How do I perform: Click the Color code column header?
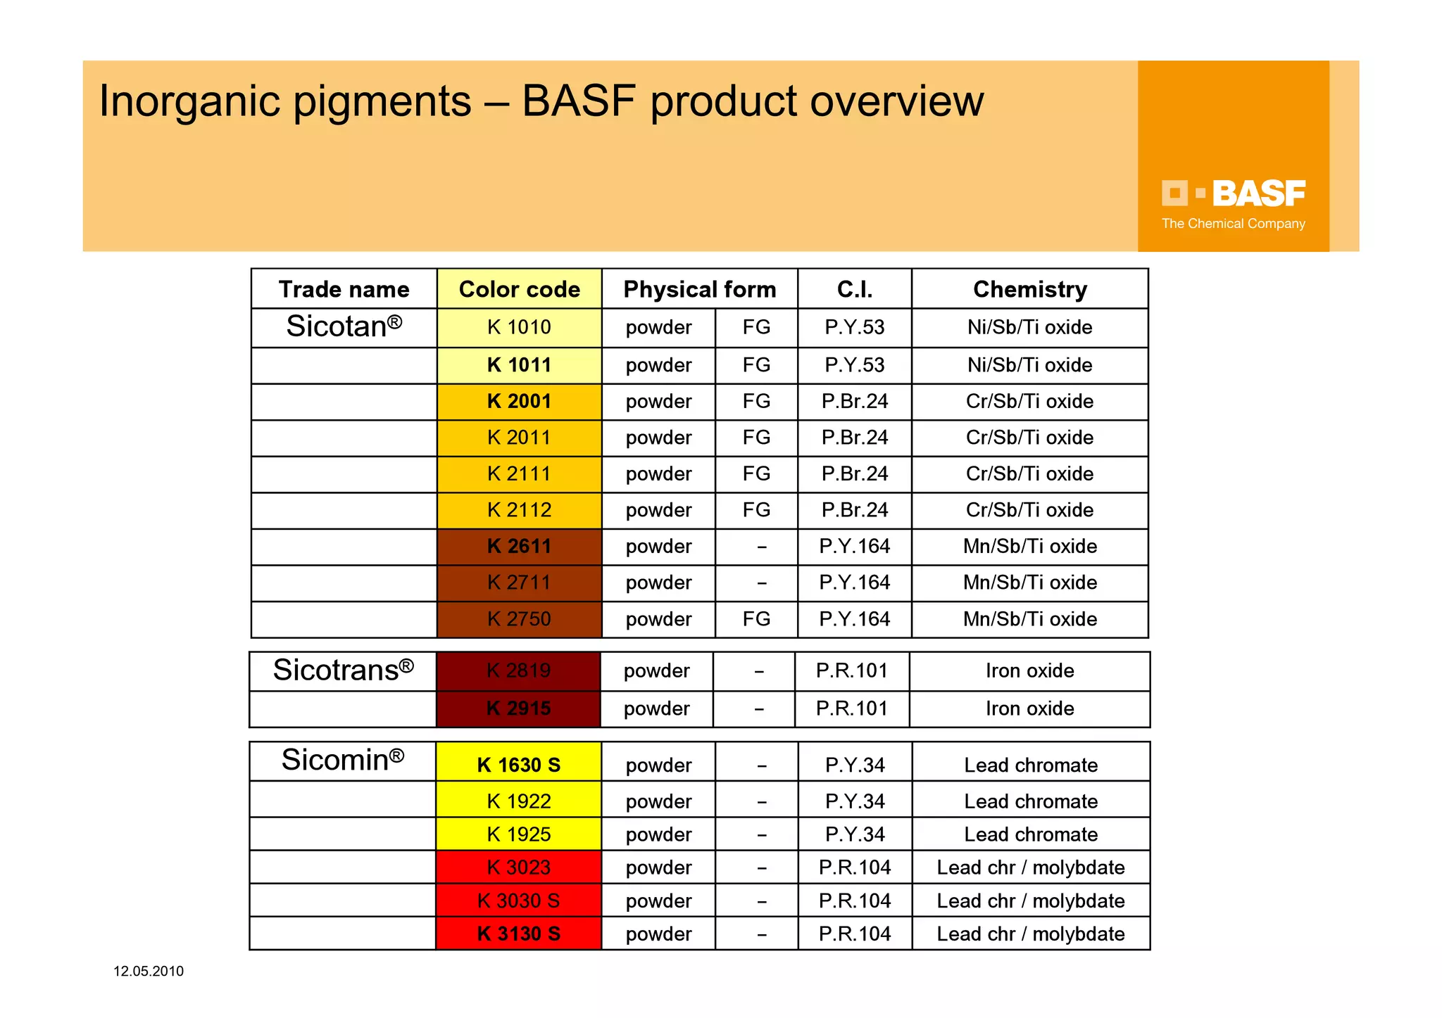click(519, 289)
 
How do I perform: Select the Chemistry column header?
click(1029, 289)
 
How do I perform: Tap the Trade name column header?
click(344, 289)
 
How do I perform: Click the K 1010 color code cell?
click(519, 327)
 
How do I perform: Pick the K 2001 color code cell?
click(519, 401)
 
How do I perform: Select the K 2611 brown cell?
click(519, 546)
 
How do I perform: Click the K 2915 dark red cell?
click(518, 708)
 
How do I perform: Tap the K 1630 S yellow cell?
click(519, 765)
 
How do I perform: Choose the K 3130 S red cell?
click(519, 934)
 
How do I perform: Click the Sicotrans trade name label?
click(343, 670)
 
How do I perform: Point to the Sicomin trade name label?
click(343, 760)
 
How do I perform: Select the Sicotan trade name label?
click(344, 326)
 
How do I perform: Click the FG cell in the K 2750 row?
click(756, 619)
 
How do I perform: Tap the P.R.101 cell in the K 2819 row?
click(852, 670)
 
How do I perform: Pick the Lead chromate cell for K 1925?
click(1031, 834)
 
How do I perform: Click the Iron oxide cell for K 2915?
click(1029, 708)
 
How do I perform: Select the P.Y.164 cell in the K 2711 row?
click(854, 583)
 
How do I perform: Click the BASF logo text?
click(1258, 193)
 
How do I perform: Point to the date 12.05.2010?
click(149, 972)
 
